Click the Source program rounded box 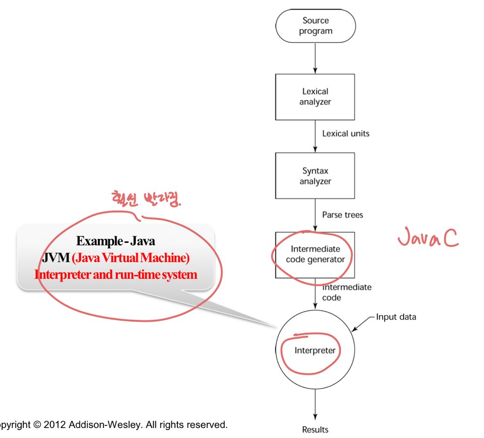click(315, 26)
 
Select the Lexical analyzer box click(315, 97)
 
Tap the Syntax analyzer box click(315, 176)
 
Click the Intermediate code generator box click(315, 255)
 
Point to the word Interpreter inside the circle click(315, 350)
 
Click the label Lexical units click(346, 134)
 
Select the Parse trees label click(343, 215)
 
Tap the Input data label click(396, 317)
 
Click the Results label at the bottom click(315, 429)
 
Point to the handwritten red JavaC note click(428, 238)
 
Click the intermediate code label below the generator click(347, 292)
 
